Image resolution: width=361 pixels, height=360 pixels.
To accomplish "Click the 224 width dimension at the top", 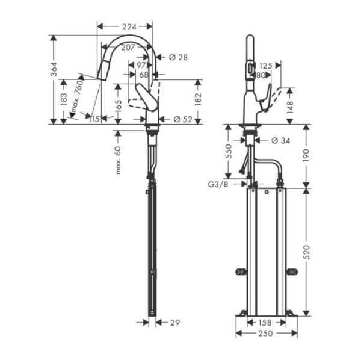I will tap(125, 26).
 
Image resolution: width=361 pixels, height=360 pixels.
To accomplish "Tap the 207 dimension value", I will tap(128, 47).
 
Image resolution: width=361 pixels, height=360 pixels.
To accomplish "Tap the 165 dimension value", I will tap(118, 108).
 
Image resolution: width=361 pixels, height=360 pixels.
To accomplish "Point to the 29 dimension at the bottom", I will tap(175, 323).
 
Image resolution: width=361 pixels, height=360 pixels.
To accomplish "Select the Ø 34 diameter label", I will tap(282, 140).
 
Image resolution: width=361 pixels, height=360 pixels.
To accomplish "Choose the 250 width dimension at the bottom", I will tap(266, 334).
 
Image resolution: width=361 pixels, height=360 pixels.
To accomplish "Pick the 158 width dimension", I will tap(266, 323).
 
